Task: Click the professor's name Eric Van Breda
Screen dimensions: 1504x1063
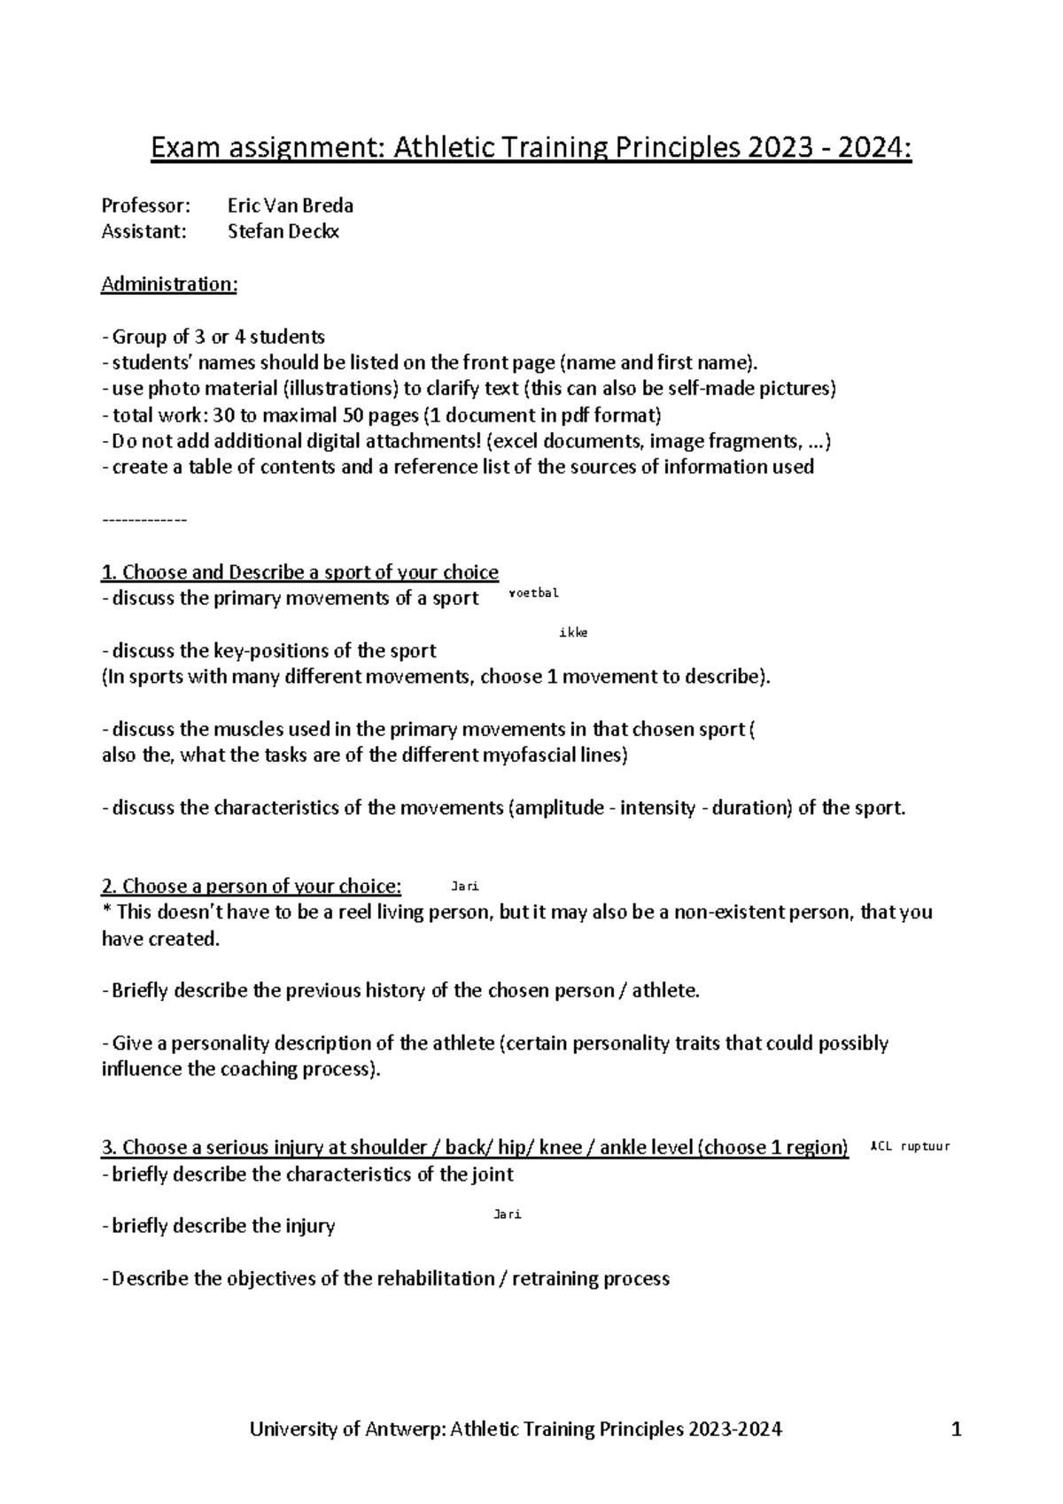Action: (291, 205)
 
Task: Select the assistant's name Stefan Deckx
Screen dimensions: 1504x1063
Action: (283, 232)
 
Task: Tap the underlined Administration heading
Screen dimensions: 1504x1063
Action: (169, 284)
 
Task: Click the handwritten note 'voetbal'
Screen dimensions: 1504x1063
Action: (535, 593)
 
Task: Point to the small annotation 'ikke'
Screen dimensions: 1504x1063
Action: (573, 632)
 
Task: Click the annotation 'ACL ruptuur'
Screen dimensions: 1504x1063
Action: (911, 1146)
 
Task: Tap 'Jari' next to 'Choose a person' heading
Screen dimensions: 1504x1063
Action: (465, 886)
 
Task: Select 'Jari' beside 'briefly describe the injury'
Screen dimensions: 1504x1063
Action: (507, 1214)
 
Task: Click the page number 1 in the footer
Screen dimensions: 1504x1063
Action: (956, 1429)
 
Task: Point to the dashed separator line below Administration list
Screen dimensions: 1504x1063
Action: (144, 520)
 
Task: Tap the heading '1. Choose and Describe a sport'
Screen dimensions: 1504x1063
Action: (300, 572)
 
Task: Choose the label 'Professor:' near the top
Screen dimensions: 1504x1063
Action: (146, 205)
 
